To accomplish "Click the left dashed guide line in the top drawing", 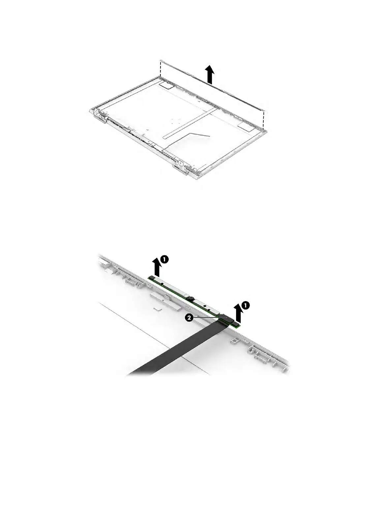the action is pyautogui.click(x=160, y=68).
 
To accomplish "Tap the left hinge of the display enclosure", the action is pyautogui.click(x=99, y=116).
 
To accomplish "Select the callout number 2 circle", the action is pyautogui.click(x=188, y=318).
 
